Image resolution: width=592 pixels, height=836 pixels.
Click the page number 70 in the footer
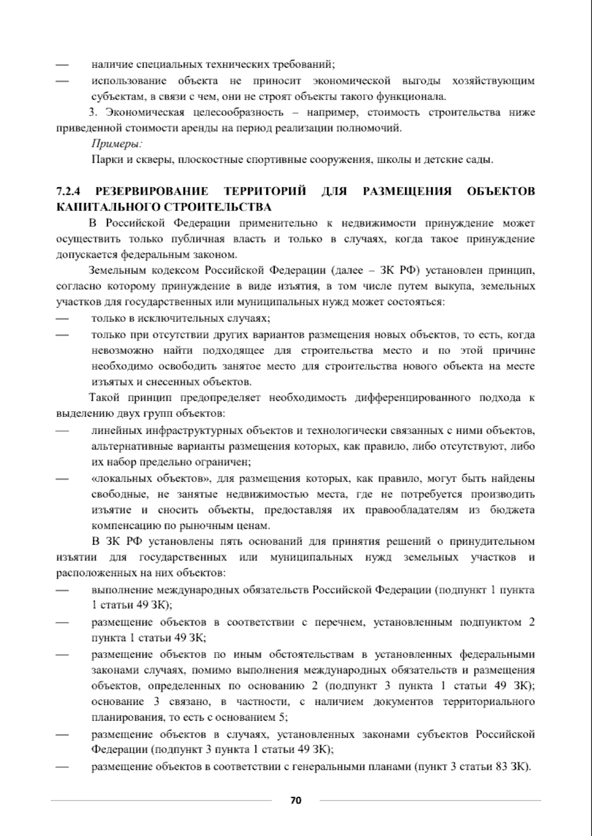[296, 800]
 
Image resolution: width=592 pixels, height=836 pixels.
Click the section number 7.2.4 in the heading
[69, 191]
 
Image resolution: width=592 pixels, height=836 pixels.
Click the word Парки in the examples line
[104, 160]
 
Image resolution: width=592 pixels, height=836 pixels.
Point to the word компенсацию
[122, 525]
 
